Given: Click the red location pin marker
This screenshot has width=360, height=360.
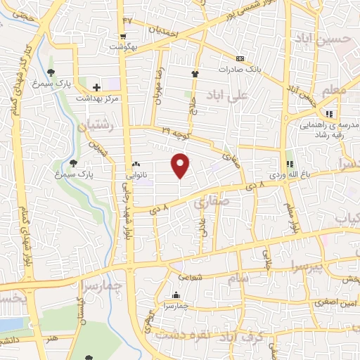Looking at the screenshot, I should tap(181, 165).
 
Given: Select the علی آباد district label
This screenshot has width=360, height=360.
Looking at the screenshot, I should tap(225, 94).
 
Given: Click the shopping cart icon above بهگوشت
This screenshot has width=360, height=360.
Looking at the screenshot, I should tap(124, 37).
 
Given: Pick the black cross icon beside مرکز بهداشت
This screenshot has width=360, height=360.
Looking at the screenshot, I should tap(96, 87).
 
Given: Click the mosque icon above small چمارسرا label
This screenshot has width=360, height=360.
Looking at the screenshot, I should tap(176, 295).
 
